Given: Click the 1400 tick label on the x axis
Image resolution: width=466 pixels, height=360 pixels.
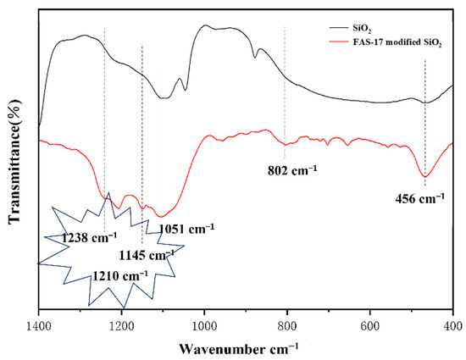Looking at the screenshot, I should (40, 323).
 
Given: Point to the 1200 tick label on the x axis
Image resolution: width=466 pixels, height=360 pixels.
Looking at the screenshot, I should (122, 323).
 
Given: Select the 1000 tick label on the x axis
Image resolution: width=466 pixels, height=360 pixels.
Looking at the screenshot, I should (205, 323).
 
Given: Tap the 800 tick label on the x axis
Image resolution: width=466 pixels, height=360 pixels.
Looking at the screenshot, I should (287, 323).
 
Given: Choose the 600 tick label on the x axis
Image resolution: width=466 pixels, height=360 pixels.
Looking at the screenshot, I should (370, 323).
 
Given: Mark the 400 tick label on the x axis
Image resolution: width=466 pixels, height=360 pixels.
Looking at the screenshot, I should (452, 323).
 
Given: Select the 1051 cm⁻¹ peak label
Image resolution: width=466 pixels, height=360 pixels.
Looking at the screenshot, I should (186, 228).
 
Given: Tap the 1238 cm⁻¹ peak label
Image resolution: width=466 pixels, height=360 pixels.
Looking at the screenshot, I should (88, 238).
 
